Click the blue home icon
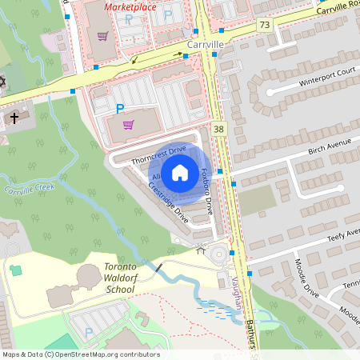[180, 171]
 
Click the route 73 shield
[264, 26]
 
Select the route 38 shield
[219, 129]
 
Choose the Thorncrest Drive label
[158, 154]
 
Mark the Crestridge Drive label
[168, 202]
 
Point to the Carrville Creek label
[30, 190]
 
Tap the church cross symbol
[14, 118]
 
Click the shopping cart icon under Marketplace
[102, 36]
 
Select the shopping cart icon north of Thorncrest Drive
[128, 124]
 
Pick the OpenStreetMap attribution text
[80, 354]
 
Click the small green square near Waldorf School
[16, 270]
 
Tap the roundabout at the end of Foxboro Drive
[217, 255]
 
